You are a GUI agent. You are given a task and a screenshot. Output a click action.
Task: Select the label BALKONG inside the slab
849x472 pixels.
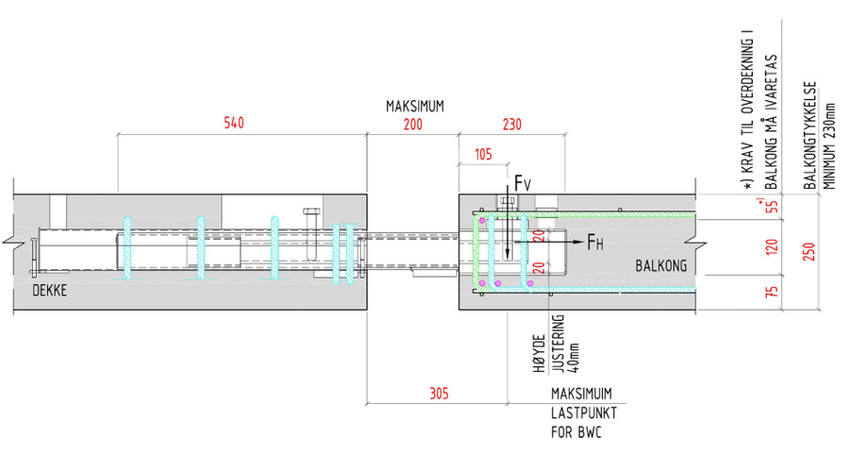[x=658, y=265]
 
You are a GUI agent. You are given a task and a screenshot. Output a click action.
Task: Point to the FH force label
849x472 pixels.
[x=595, y=243]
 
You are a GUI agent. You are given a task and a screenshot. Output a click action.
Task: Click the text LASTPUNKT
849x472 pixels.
[x=578, y=413]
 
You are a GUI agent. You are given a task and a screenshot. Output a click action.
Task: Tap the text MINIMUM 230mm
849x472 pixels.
[x=830, y=143]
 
